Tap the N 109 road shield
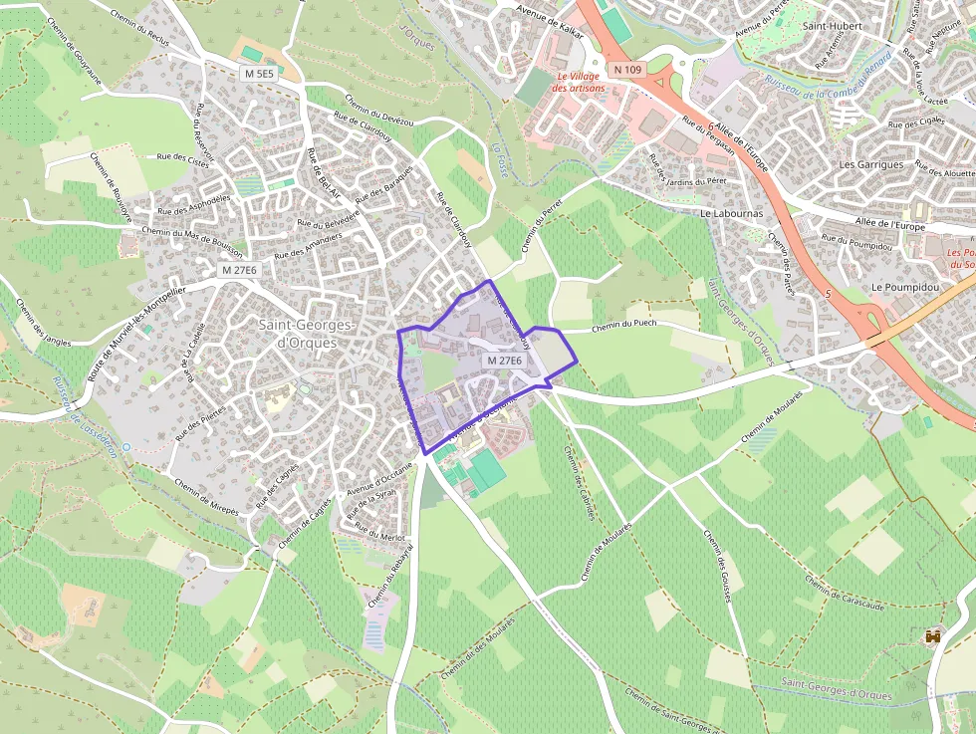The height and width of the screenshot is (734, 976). pyautogui.click(x=627, y=69)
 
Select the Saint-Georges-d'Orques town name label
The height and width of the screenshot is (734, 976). pyautogui.click(x=306, y=334)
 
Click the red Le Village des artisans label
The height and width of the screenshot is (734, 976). pyautogui.click(x=579, y=82)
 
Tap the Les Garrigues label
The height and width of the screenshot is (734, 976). pyautogui.click(x=871, y=164)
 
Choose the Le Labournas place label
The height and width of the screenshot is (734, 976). pyautogui.click(x=732, y=213)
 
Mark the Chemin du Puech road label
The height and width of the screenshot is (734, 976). pyautogui.click(x=624, y=325)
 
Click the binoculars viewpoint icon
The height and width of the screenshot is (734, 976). pyautogui.click(x=933, y=635)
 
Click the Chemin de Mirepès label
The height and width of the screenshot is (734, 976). pyautogui.click(x=206, y=496)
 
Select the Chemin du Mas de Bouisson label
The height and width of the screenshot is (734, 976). pyautogui.click(x=193, y=240)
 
